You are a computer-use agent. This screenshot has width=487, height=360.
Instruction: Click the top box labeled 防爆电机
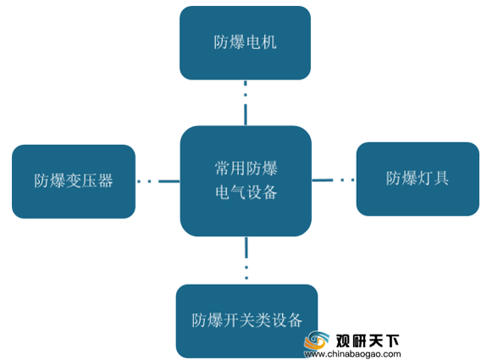(x=245, y=43)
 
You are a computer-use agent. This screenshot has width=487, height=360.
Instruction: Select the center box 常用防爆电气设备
(x=246, y=181)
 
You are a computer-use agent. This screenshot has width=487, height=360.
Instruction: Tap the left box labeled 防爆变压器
(x=74, y=181)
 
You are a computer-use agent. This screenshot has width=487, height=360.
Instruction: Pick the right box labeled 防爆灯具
(x=418, y=180)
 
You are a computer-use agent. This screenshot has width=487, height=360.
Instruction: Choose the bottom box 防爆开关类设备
(x=246, y=321)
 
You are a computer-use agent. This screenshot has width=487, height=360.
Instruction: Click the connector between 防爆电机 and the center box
(x=246, y=102)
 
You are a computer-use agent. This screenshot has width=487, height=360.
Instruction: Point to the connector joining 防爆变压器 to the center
(x=158, y=181)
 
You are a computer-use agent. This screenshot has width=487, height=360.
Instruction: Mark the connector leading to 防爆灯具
(x=333, y=180)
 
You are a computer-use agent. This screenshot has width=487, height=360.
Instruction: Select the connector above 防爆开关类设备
(x=246, y=258)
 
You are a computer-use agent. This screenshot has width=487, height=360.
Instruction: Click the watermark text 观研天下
(x=367, y=341)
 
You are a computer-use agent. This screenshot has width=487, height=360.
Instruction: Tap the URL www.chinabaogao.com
(x=352, y=354)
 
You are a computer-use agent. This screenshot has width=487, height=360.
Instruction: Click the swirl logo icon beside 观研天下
(x=317, y=341)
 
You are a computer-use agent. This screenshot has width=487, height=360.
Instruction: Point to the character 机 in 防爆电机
(x=268, y=42)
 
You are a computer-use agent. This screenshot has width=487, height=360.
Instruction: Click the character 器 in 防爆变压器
(x=105, y=180)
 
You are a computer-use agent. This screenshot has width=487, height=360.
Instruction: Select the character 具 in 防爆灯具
(x=441, y=178)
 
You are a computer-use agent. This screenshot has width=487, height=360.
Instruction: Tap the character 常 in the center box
(x=223, y=169)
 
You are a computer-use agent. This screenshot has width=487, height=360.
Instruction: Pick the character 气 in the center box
(x=238, y=192)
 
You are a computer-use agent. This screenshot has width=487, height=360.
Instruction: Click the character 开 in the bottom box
(x=231, y=320)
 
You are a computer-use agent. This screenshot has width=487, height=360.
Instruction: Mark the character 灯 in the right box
(x=425, y=178)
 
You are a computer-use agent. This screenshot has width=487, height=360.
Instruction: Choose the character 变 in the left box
(x=74, y=180)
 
